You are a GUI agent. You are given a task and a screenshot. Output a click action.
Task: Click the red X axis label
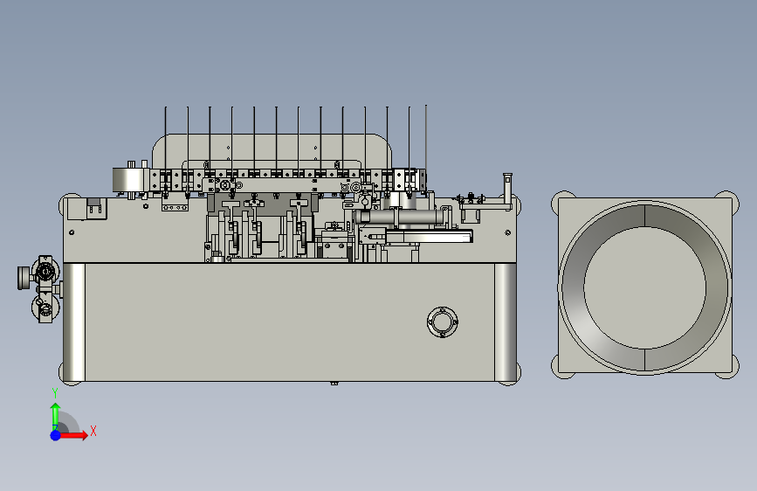(93, 431)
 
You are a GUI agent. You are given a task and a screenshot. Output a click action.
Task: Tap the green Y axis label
(55, 393)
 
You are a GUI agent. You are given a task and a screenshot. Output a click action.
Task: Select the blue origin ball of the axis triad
(56, 435)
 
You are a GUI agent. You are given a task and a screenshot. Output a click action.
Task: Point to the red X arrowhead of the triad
(84, 435)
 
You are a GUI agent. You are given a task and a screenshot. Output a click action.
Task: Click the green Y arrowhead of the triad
(56, 407)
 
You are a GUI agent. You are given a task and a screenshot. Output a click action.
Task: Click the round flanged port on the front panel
(443, 322)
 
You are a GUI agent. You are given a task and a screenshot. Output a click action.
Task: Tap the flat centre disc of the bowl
(645, 287)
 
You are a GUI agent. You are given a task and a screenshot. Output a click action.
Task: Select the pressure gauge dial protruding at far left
(22, 278)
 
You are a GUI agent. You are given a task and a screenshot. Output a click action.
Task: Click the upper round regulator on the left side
(45, 272)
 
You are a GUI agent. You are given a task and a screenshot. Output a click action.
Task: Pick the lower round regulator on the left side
(45, 308)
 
